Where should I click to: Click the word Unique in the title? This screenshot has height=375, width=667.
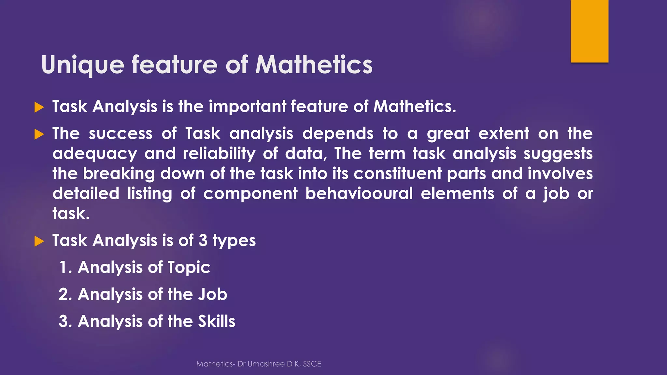point(83,65)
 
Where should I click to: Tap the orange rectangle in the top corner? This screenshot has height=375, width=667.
point(589,31)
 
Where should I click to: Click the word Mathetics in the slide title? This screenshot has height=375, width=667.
point(314,64)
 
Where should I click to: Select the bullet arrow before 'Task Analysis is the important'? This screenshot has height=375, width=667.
point(39,107)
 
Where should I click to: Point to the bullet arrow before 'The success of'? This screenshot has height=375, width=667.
point(39,134)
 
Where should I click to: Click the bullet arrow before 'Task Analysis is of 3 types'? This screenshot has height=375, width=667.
point(39,241)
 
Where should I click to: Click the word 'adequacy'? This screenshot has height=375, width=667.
point(95,154)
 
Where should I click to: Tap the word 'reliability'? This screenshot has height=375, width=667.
point(219,154)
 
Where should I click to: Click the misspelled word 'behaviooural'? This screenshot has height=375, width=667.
point(359,194)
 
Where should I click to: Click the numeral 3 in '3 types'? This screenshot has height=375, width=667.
point(203,241)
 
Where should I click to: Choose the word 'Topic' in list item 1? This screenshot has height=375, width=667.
point(189,268)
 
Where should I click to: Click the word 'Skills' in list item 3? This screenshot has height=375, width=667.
point(217,321)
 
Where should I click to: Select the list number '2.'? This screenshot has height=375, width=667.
point(65,295)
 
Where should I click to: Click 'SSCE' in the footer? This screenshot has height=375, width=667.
point(312,364)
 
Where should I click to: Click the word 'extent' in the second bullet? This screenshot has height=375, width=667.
point(504,133)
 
